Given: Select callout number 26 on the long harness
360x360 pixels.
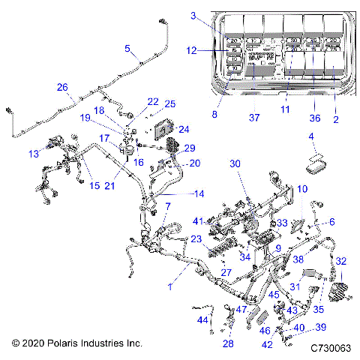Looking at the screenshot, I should (x=61, y=86).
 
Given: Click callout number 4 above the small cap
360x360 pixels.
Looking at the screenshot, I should (x=310, y=136).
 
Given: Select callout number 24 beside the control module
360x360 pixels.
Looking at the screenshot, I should (x=184, y=128).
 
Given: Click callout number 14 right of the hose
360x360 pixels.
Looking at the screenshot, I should (x=199, y=193).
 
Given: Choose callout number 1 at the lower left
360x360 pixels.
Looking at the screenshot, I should (x=171, y=286).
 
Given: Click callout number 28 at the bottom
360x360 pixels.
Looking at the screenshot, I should (x=227, y=343).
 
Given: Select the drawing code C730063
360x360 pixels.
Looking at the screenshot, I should (x=330, y=349).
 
